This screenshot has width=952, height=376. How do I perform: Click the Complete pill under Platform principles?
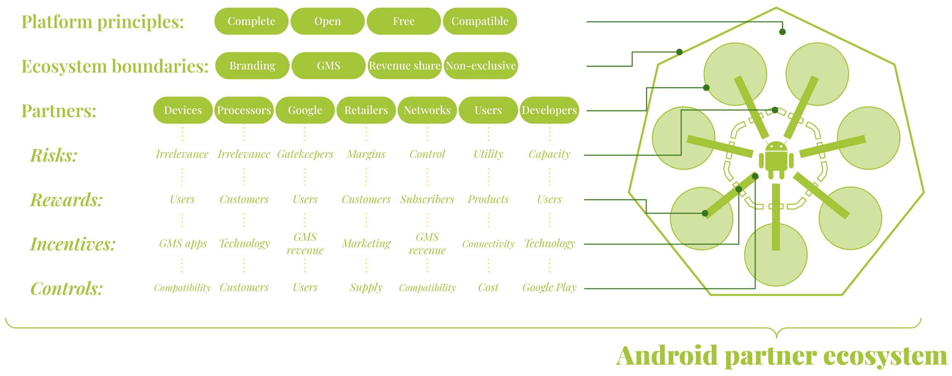251,21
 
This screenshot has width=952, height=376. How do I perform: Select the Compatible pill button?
480,21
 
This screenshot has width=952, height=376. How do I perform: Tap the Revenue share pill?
404,66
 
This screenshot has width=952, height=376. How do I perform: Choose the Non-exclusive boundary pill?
481,66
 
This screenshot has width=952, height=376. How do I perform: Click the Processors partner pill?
244,110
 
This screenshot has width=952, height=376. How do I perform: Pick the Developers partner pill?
549,110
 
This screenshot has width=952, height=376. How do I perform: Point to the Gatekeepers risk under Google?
305,154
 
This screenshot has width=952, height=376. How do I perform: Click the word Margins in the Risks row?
366,154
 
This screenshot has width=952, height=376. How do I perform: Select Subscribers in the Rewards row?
427,199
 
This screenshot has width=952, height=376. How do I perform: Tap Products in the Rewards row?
488,199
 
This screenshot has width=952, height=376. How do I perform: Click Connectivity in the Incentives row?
488,244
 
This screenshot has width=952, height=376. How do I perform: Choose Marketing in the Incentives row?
366,244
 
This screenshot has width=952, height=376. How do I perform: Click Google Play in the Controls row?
549,288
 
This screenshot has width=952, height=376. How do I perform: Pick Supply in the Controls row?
366,288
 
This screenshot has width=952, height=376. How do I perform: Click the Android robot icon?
776,160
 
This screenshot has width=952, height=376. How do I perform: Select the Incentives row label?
73,244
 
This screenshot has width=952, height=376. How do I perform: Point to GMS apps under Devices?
183,244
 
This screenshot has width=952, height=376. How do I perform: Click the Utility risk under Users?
488,154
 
